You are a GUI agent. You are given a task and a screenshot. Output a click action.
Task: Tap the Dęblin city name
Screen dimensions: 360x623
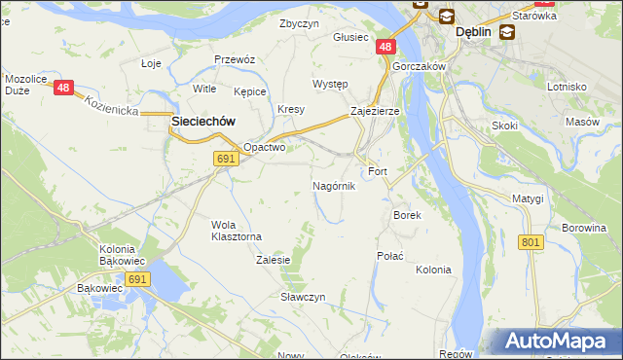pos(474,32)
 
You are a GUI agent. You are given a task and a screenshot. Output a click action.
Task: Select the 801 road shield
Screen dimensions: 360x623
pos(531,242)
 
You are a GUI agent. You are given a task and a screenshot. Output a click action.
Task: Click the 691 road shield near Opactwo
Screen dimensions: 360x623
pos(226,158)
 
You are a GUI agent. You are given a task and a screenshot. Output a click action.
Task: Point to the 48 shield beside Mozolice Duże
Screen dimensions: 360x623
pos(64,89)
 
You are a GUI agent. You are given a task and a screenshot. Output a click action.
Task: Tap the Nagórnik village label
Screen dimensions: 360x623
pos(334,186)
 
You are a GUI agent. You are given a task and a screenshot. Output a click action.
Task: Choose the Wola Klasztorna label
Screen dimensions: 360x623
pos(237,231)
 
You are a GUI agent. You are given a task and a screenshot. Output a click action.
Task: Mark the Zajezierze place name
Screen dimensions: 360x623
pos(375,112)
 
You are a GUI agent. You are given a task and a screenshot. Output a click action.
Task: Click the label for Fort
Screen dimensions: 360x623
pos(378,172)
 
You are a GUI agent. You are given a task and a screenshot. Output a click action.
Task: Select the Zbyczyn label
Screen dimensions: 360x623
pos(299,23)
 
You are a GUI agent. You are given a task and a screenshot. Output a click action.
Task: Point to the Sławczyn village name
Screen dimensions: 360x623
pos(303,297)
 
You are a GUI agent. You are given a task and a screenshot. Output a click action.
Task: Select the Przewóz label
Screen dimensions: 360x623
pos(234,59)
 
